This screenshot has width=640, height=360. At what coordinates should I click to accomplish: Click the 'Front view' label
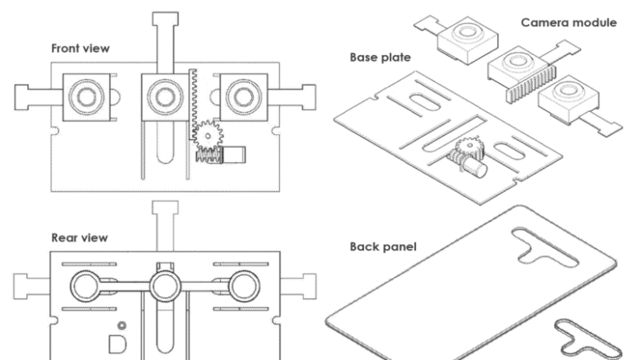(81, 49)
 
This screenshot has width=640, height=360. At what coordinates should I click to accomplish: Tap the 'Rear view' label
(80, 237)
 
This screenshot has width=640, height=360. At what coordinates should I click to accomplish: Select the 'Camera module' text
(568, 22)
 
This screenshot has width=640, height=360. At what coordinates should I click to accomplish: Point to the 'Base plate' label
(380, 57)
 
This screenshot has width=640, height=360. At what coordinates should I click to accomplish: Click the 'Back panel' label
(383, 246)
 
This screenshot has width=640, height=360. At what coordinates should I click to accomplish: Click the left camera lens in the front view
(86, 97)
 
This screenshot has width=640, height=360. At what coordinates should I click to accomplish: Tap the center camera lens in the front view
(165, 97)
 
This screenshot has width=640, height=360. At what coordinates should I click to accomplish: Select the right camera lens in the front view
(244, 97)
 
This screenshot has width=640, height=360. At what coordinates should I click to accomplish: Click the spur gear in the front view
(208, 136)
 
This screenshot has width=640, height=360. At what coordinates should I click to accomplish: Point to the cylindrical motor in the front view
(234, 155)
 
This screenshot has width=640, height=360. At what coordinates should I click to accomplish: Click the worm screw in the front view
(208, 156)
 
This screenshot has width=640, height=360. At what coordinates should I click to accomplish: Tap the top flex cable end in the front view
(166, 19)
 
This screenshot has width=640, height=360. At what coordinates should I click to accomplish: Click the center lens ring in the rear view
(165, 286)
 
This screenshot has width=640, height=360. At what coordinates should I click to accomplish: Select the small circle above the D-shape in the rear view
(122, 325)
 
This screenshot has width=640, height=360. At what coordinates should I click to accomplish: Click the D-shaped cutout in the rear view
(117, 344)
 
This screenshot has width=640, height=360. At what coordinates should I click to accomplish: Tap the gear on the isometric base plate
(470, 148)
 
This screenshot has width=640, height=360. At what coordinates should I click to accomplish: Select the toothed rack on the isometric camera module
(530, 86)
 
